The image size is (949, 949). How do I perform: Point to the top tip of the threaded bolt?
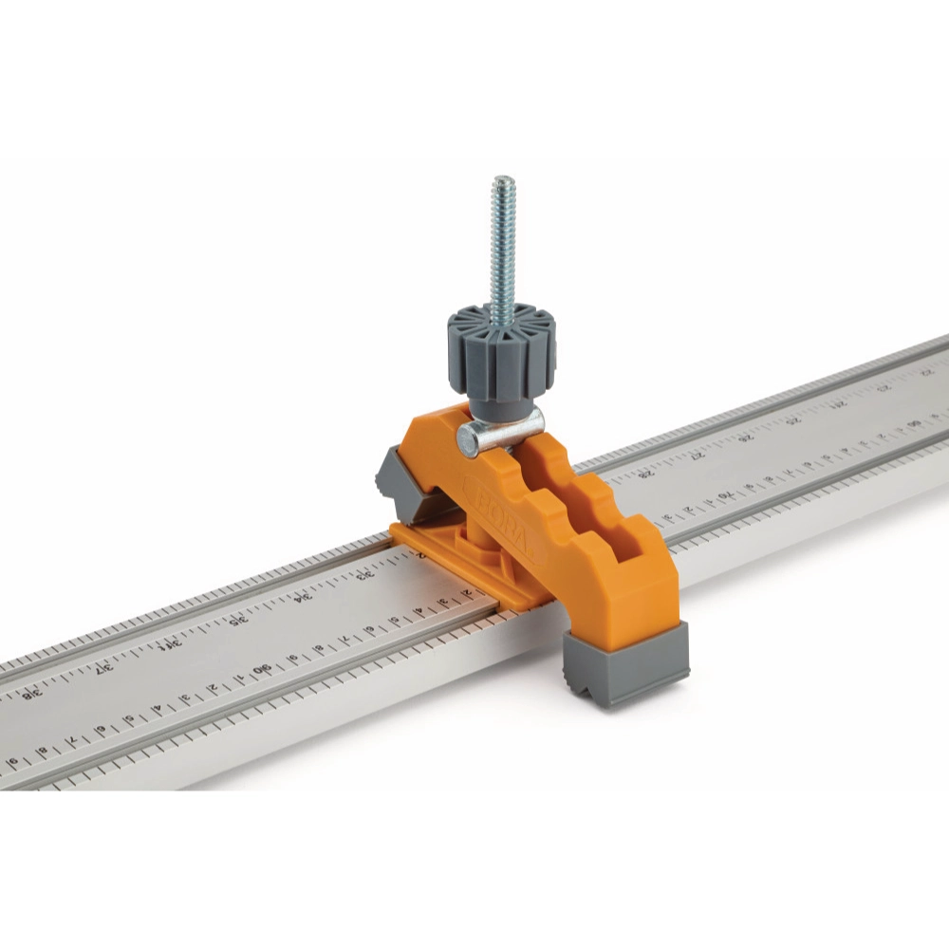click(503, 181)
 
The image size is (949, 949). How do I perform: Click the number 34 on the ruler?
click(303, 599)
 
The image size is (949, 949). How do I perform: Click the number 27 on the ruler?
click(700, 456)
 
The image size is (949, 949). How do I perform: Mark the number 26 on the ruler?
click(747, 437)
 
